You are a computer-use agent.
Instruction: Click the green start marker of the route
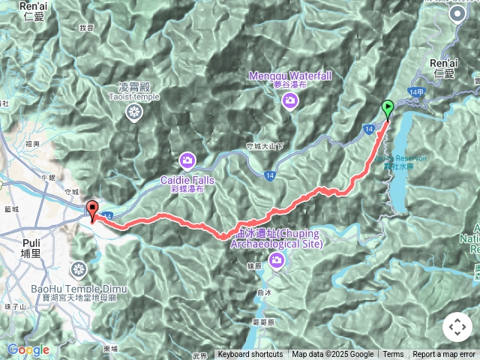pos(387,109)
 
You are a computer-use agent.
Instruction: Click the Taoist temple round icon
pos(133,112)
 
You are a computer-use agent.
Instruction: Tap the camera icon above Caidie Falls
pos(187,160)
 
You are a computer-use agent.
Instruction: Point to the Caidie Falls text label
pos(187,180)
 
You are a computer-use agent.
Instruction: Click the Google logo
pos(28,349)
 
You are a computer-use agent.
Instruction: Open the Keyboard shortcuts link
pos(250,355)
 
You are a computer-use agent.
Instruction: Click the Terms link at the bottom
pos(393,355)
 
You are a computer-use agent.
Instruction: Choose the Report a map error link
pos(444,355)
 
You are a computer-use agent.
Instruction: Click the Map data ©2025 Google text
pos(332,355)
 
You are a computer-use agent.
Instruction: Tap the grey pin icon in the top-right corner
pos(457,14)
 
